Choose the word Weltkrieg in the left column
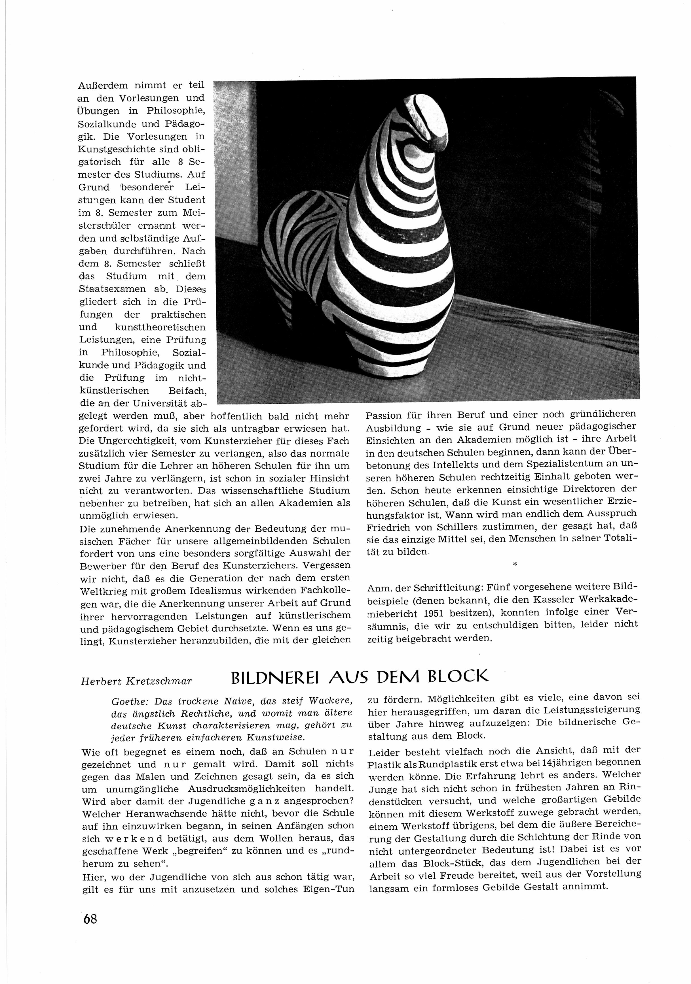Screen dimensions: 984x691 coord(108,591)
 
